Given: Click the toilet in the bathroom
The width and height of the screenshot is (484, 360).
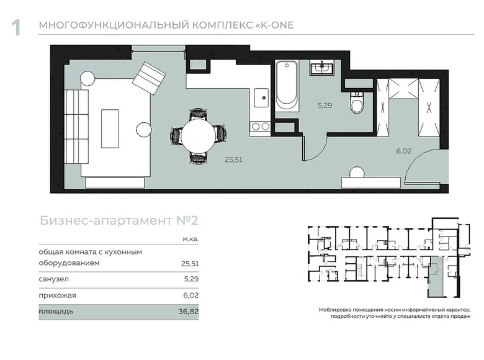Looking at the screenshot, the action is (x=358, y=103).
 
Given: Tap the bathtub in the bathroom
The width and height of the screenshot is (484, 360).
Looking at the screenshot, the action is (x=287, y=86).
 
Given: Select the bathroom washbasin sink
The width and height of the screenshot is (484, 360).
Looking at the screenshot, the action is (x=321, y=68).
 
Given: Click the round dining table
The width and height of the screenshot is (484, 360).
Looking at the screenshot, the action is (x=198, y=135).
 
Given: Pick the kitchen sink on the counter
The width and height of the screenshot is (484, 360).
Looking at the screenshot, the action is (x=261, y=97).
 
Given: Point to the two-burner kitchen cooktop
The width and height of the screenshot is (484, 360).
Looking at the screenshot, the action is (x=260, y=126).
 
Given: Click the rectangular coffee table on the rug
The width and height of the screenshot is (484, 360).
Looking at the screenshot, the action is (x=110, y=128).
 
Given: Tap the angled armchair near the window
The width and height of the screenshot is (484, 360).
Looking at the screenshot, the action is (x=149, y=79).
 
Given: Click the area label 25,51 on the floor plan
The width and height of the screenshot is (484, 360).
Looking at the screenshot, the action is (x=233, y=160).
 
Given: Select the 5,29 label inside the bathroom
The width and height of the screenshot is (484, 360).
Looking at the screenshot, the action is (x=325, y=106).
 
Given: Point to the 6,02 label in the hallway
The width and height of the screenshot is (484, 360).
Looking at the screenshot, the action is (x=404, y=151).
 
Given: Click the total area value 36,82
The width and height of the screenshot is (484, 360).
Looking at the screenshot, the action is (x=189, y=311).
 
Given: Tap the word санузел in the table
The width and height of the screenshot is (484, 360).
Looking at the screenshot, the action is (x=54, y=279).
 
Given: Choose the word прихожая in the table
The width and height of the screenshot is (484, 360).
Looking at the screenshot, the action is (x=58, y=295).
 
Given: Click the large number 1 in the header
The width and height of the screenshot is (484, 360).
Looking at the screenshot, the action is (x=16, y=28).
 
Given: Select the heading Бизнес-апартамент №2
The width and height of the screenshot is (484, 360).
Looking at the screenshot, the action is (x=119, y=221).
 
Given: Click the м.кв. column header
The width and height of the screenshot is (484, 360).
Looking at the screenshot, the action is (x=190, y=240).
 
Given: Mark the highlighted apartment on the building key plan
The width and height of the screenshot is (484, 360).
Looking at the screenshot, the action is (x=435, y=276).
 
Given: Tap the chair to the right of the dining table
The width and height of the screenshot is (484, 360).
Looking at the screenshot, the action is (x=222, y=133).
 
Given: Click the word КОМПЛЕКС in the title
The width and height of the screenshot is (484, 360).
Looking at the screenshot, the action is (x=223, y=25).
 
